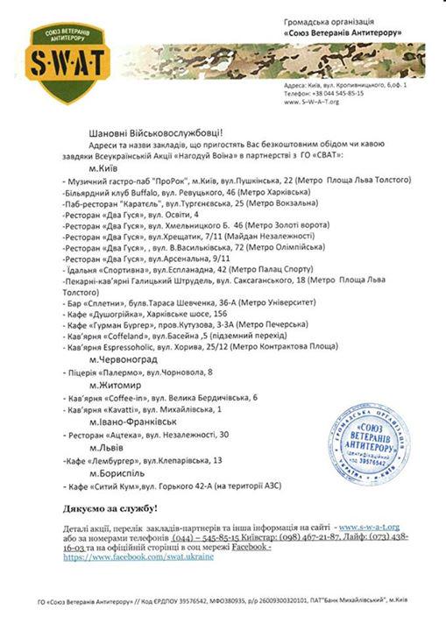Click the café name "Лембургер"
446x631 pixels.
coord(127,460)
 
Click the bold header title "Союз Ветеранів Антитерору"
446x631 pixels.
coord(343,32)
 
